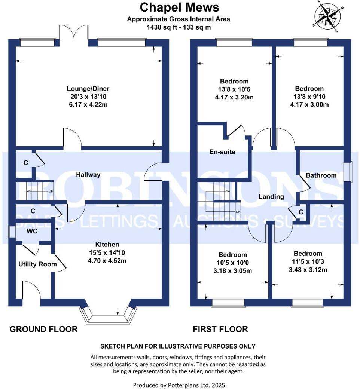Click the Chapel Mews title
point(179,7)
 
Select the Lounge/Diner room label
point(88,89)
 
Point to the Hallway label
point(88,175)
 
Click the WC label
point(32,231)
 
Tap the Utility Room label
point(37,264)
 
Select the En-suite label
point(222,152)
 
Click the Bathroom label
point(321,175)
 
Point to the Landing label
point(271,196)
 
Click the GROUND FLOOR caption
point(43,329)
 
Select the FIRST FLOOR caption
point(220,329)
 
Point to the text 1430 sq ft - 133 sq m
point(179,27)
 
